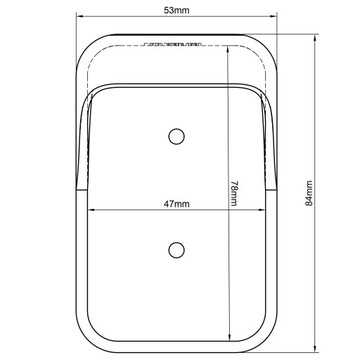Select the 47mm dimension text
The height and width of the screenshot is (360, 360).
176,203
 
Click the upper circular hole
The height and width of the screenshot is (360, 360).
176,136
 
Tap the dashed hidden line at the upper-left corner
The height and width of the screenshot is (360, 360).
95,60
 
